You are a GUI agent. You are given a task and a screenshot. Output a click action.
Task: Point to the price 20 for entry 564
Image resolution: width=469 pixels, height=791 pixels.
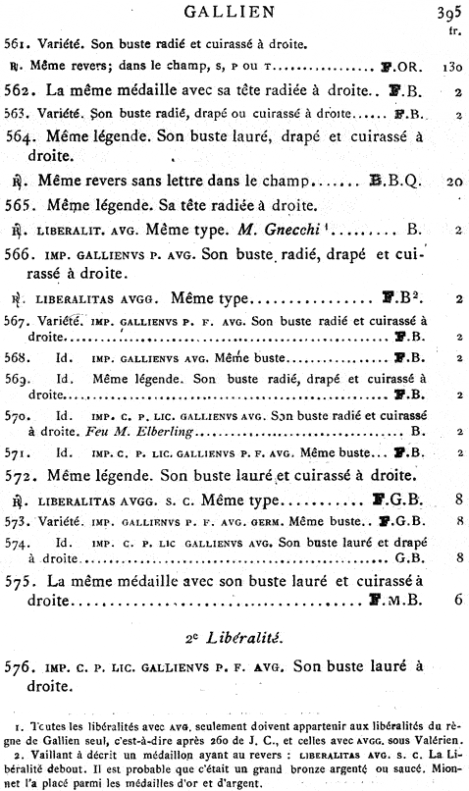[451, 181]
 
